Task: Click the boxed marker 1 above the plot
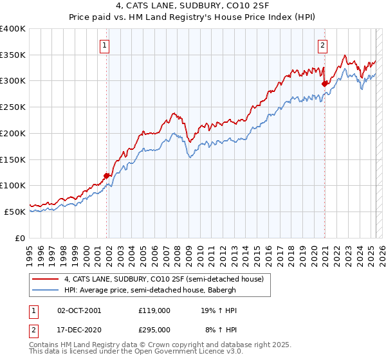(104, 45)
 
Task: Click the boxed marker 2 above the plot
(322, 45)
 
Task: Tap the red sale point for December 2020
(325, 83)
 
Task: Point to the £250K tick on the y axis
(13, 107)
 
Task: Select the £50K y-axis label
(15, 211)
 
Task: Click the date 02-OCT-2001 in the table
(79, 310)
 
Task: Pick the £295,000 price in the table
(154, 329)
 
